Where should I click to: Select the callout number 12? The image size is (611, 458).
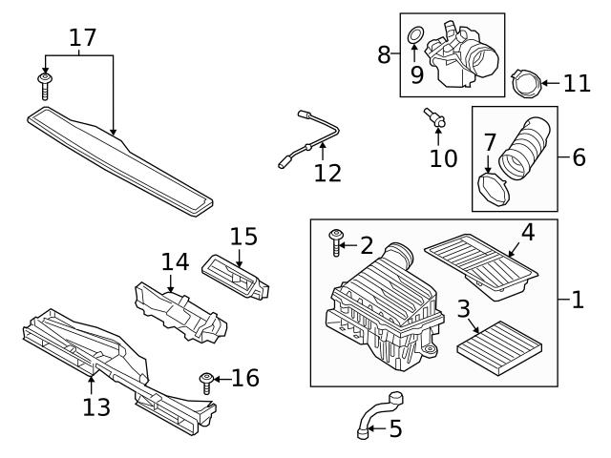coord(327,173)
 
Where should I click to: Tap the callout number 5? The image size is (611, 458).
coord(394,429)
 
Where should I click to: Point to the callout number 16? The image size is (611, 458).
coord(244,379)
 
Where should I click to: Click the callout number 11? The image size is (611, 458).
coord(577,83)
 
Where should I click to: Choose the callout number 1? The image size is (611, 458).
coord(576,300)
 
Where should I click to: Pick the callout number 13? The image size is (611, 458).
coord(96,407)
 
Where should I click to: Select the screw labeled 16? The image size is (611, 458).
coord(206,385)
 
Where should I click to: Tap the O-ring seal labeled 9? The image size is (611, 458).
coord(415,36)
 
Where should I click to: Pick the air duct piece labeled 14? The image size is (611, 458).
coord(181,309)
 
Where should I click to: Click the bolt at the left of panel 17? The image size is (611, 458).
coord(44,85)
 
